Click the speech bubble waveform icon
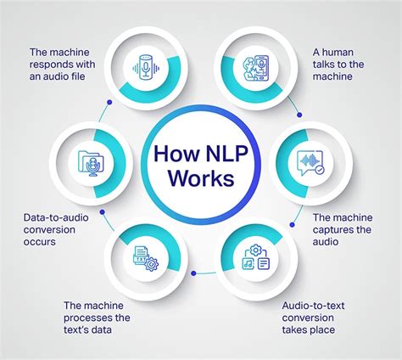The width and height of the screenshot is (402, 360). click(310, 161)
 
